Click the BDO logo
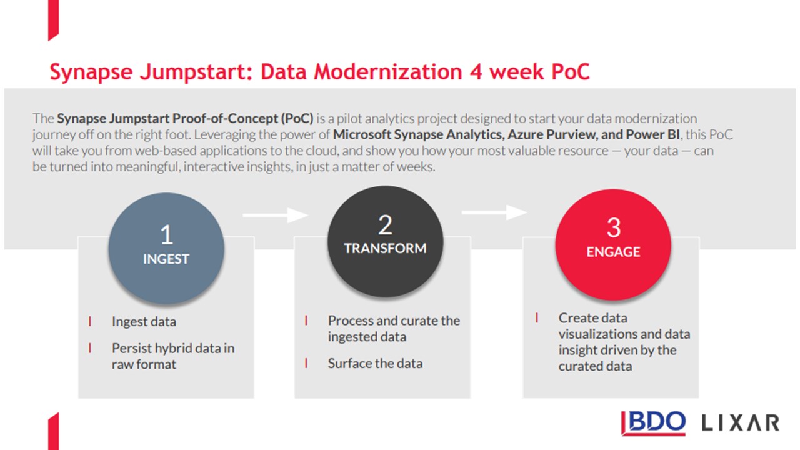[x=653, y=423]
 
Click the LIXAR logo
[x=741, y=423]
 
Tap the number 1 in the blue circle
[x=167, y=235]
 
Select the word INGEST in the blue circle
[x=166, y=259]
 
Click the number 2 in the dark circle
[x=386, y=225]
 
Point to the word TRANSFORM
[x=386, y=248]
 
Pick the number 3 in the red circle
[x=614, y=227]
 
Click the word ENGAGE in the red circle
[x=613, y=252]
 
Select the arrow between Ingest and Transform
[x=276, y=215]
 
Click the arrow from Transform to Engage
[x=494, y=212]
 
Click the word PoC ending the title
[x=571, y=71]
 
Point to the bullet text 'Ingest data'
[x=144, y=321]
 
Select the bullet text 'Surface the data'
[x=376, y=363]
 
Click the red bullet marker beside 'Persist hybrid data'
[x=90, y=348]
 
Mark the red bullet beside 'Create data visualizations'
[x=537, y=317]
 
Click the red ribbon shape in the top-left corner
[x=54, y=20]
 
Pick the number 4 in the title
[x=476, y=72]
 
